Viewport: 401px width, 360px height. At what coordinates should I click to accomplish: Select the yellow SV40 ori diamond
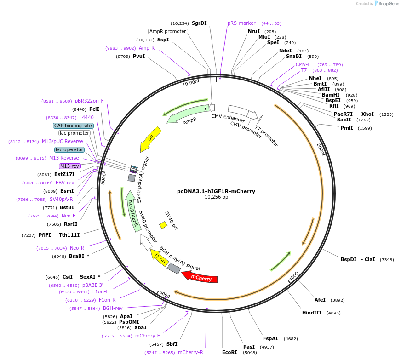pyautogui.click(x=163, y=225)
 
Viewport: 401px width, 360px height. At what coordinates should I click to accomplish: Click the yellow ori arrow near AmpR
pyautogui.click(x=152, y=138)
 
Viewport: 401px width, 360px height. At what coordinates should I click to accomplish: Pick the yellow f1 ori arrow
pyautogui.click(x=159, y=260)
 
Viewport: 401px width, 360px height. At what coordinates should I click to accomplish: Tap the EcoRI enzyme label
pyautogui.click(x=229, y=353)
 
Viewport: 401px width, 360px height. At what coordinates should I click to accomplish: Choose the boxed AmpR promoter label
pyautogui.click(x=168, y=31)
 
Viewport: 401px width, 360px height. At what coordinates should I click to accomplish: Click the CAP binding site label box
pyautogui.click(x=74, y=126)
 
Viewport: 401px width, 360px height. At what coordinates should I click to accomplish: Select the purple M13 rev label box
pyautogui.click(x=69, y=166)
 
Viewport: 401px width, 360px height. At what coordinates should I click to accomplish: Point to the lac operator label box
pyautogui.click(x=69, y=149)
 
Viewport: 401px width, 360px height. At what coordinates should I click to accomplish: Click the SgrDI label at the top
pyautogui.click(x=199, y=23)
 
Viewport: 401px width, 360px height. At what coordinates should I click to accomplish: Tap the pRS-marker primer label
pyautogui.click(x=241, y=23)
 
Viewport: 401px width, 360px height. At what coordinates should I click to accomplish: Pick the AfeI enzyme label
pyautogui.click(x=320, y=300)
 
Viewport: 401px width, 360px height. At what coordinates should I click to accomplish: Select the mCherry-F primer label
pyautogui.click(x=147, y=336)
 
